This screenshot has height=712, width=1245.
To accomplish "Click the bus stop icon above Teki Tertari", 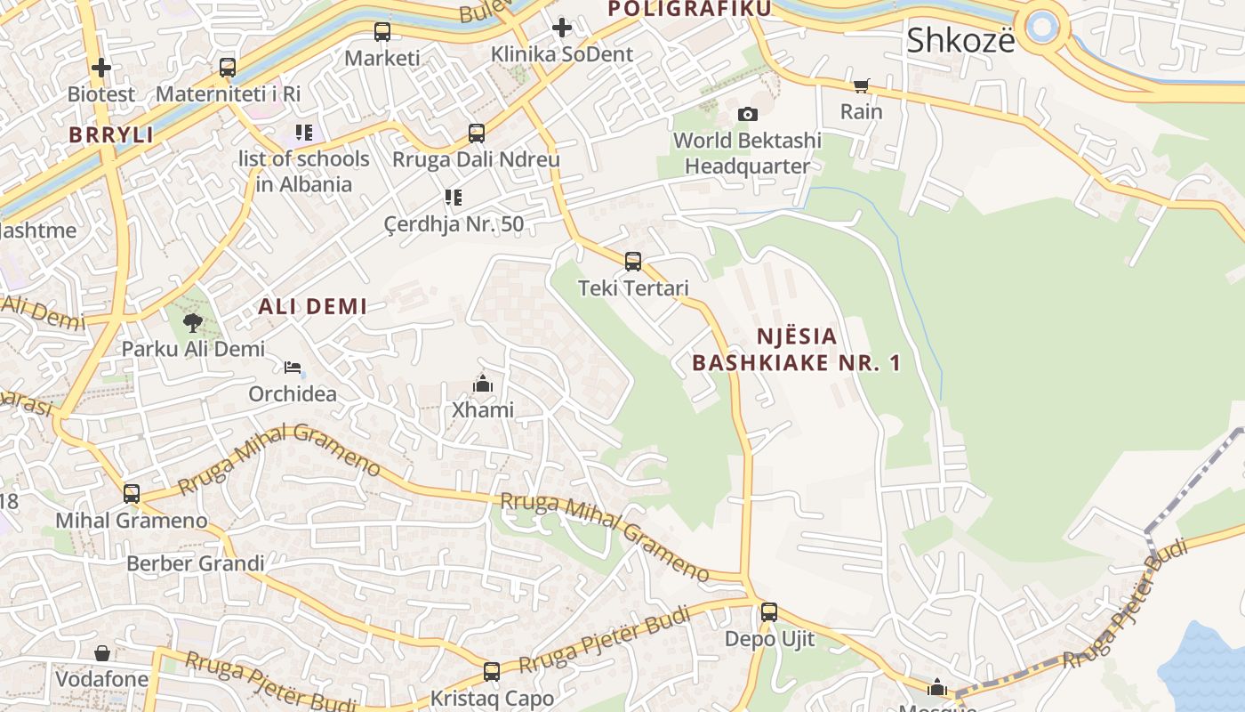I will (633, 262).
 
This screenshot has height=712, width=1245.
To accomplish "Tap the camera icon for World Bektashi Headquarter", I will (748, 114).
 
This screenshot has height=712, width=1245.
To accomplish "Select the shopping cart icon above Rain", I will (861, 85).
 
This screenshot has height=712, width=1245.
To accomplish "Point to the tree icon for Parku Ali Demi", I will (193, 322).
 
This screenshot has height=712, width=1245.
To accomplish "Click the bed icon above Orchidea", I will (293, 368).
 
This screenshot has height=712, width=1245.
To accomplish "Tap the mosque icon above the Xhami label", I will (483, 384).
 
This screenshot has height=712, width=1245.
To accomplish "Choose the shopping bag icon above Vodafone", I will (102, 653).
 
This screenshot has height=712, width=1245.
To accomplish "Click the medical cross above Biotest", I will (101, 67).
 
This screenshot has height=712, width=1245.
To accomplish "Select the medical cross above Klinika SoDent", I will (562, 28).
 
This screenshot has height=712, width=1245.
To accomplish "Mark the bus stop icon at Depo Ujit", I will (769, 612).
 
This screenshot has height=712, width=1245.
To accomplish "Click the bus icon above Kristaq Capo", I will (492, 672).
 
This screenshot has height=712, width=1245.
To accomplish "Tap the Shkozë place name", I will (960, 40).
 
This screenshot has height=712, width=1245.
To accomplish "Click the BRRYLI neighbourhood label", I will (111, 135).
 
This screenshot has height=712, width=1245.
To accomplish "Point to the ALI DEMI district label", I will (312, 307).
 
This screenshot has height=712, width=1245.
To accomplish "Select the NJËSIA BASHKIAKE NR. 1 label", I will (797, 350).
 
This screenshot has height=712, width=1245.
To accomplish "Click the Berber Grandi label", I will (196, 563).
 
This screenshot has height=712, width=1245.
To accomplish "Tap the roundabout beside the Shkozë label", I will (1042, 26).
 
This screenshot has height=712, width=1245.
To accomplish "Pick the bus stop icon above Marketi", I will (382, 32).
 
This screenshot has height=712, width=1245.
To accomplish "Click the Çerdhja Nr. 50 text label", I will (454, 223).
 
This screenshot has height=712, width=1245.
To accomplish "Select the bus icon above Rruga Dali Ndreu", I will (477, 133).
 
